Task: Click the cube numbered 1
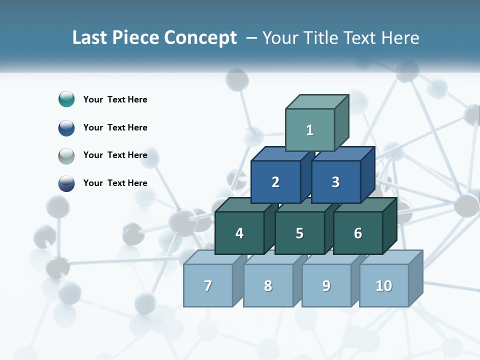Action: click(309, 130)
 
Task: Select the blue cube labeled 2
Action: click(275, 182)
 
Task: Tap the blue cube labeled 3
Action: click(335, 182)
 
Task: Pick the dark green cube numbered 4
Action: click(239, 233)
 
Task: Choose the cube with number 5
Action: click(299, 233)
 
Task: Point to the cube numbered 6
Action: click(357, 233)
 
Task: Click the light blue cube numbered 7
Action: click(208, 285)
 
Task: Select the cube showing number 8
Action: click(268, 285)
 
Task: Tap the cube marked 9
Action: click(326, 285)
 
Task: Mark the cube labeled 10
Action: click(383, 285)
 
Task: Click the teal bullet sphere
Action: click(66, 99)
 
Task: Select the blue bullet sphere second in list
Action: click(66, 127)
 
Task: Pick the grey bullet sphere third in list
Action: click(66, 155)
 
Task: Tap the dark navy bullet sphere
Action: click(66, 183)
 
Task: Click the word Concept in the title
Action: click(200, 38)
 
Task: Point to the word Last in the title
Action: click(90, 38)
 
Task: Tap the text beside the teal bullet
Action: click(115, 99)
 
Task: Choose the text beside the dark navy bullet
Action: click(115, 183)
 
